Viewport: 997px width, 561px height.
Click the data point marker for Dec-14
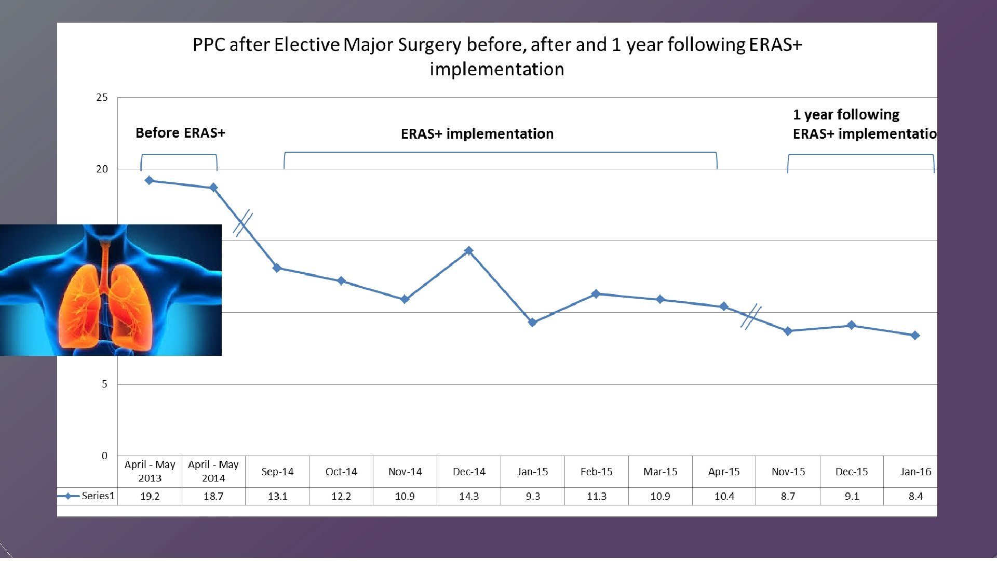pyautogui.click(x=468, y=251)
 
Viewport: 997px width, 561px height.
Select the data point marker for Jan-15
pyautogui.click(x=532, y=323)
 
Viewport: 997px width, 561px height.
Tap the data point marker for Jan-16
pyautogui.click(x=915, y=336)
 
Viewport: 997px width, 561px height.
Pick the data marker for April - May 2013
pyautogui.click(x=149, y=180)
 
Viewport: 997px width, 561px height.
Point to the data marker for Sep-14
pyautogui.click(x=277, y=268)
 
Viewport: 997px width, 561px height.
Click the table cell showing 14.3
pyautogui.click(x=469, y=496)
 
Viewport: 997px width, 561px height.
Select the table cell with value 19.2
pyautogui.click(x=150, y=496)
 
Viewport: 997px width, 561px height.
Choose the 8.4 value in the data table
pyautogui.click(x=915, y=496)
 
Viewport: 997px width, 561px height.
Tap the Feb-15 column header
pyautogui.click(x=596, y=472)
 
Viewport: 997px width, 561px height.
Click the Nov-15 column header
pyautogui.click(x=788, y=472)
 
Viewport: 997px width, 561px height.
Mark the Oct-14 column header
pyautogui.click(x=341, y=472)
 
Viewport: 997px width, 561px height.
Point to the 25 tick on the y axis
pyautogui.click(x=102, y=98)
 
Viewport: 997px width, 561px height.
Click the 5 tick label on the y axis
pyautogui.click(x=104, y=384)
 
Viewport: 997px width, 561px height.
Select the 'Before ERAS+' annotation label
pyautogui.click(x=180, y=133)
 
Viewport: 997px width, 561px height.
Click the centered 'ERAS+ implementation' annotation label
pyautogui.click(x=477, y=134)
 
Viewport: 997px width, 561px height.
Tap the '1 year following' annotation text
pyautogui.click(x=846, y=115)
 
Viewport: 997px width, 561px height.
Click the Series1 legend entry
pyautogui.click(x=87, y=496)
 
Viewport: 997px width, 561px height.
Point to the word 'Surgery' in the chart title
pyautogui.click(x=429, y=45)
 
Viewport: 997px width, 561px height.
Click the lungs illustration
pyautogui.click(x=111, y=290)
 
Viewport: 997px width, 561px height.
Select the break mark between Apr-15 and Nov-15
pyautogui.click(x=751, y=316)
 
